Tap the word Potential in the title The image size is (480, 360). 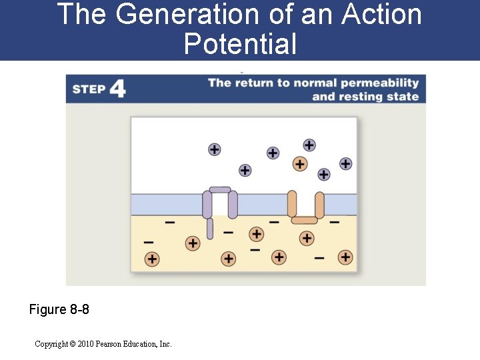240,44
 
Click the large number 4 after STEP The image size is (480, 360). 117,89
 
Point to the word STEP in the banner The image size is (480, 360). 89,89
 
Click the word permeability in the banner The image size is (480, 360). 379,83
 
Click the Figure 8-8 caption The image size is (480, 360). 59,310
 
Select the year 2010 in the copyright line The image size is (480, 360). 86,344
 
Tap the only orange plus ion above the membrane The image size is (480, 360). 300,163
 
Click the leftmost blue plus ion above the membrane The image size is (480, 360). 214,149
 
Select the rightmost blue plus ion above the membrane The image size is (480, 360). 345,163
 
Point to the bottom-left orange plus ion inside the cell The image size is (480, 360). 152,259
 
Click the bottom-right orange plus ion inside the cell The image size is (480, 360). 345,257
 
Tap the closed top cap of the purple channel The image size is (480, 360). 220,190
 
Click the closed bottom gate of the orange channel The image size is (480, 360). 305,220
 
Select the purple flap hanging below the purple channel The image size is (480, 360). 210,229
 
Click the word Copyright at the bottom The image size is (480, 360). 50,344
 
